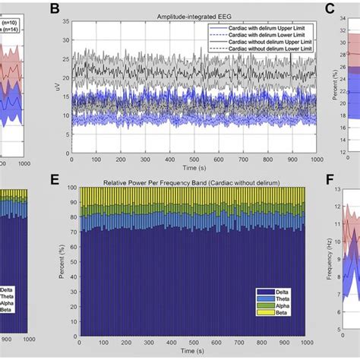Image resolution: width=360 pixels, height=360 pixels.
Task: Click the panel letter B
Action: coord(54,9)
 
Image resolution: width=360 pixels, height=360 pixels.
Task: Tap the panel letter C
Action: coord(330,9)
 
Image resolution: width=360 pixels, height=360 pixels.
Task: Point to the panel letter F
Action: coord(329,180)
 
